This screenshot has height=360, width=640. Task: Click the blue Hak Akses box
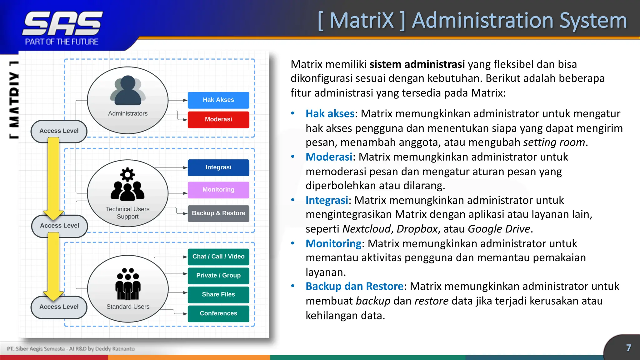[x=218, y=100]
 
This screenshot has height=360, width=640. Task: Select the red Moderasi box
[x=218, y=119]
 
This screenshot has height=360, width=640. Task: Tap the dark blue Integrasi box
[x=218, y=167]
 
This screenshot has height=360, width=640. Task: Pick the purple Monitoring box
[x=218, y=190]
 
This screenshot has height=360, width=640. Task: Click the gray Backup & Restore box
[x=218, y=213]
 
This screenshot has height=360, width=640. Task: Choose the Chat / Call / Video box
[x=218, y=257]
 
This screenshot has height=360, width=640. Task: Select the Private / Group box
[x=218, y=276]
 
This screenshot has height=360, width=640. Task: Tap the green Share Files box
[x=218, y=294]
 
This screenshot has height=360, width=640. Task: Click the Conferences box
[x=218, y=313]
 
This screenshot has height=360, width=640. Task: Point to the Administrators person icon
[x=127, y=91]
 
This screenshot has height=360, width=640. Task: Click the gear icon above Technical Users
[x=127, y=174]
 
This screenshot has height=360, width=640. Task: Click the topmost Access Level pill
[x=59, y=131]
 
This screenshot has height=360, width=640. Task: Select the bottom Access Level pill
[x=59, y=307]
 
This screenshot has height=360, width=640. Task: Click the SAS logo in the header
[x=62, y=24]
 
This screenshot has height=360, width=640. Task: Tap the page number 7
[x=628, y=348]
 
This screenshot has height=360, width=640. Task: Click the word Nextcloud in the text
[x=366, y=229]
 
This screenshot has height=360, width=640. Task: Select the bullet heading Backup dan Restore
[x=354, y=287]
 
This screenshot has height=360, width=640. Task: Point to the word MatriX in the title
[x=362, y=21]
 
